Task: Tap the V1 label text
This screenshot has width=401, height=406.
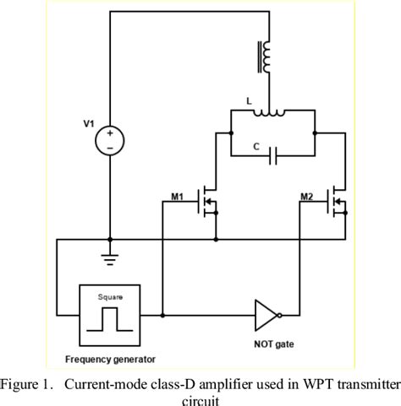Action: tap(89, 123)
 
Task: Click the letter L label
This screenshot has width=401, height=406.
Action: tap(249, 100)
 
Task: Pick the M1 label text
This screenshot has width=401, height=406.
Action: tap(178, 197)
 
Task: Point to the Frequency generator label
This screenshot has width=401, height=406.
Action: tap(110, 360)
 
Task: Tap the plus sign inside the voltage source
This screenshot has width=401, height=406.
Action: tap(110, 132)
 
